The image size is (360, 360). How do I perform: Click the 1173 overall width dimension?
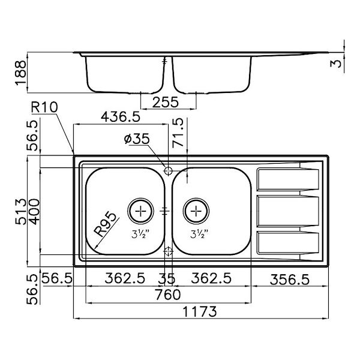200,312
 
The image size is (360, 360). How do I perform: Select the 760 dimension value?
167,295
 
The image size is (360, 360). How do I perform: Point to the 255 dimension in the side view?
166,102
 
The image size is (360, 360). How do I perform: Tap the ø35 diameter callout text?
137,139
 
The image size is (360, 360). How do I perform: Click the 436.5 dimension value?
121,116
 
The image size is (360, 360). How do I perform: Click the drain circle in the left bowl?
141,210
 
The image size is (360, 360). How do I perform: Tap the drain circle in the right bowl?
196,210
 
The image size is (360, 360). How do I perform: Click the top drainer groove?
287,178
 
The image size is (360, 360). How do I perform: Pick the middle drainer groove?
287,211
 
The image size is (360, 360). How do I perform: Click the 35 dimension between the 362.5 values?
168,278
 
